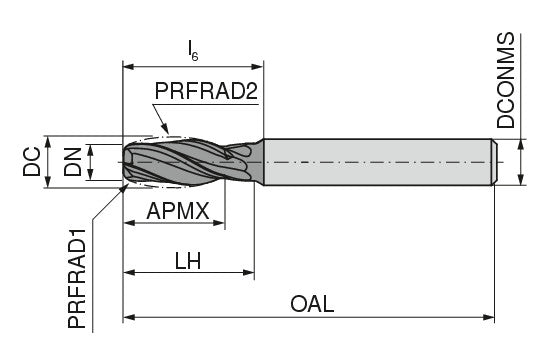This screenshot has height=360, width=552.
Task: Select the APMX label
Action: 177,212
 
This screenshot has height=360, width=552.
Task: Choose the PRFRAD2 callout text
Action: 206,92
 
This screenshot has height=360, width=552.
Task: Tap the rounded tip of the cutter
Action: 128,161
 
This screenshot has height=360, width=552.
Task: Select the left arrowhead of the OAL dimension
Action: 127,319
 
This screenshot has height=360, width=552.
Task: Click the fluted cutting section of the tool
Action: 185,161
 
